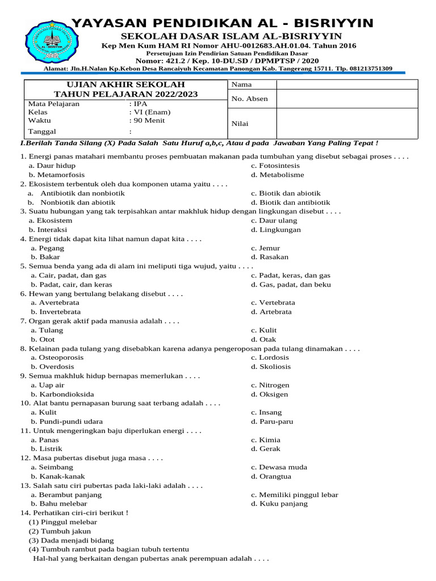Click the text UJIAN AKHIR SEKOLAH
[x=125, y=84]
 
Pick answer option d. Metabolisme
[x=278, y=175]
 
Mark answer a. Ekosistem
[x=52, y=220]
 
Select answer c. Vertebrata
[x=273, y=302]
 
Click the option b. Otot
[x=43, y=339]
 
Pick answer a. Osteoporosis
[x=57, y=357]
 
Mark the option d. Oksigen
[x=270, y=394]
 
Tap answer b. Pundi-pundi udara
[x=67, y=422]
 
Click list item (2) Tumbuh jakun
[x=55, y=531]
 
